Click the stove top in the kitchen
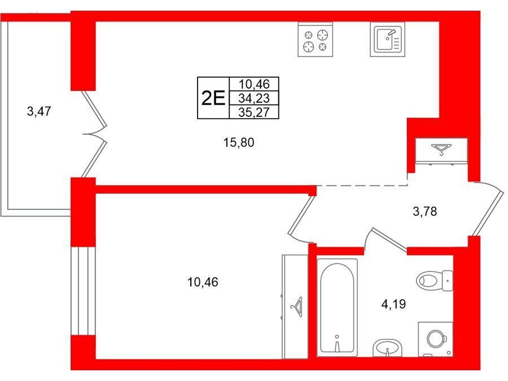pos(315,40)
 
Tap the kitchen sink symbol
pos(387,40)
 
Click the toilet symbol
pos(434,281)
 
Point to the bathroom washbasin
pos(387,348)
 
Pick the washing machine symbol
pos(435,339)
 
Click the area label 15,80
pos(239,142)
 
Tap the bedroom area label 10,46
pos(203,282)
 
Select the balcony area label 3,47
pos(39,111)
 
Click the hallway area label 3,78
pos(425,212)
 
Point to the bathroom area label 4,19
pos(393,304)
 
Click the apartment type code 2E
pos(213,98)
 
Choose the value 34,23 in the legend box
pos(254,98)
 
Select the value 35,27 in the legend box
pos(254,112)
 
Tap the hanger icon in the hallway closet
pos(441,150)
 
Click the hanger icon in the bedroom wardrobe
pos(297,307)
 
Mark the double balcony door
pos(94,134)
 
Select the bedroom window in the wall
pos(83,291)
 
